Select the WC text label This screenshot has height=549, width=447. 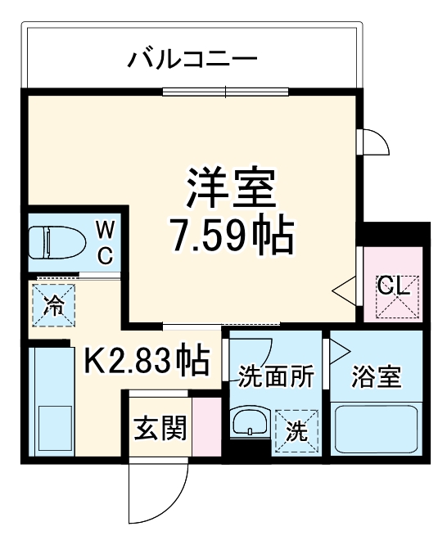click(x=105, y=241)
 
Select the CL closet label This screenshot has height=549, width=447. click(x=393, y=287)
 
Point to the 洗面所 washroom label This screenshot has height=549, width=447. click(x=276, y=377)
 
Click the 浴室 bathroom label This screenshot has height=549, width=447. click(x=376, y=377)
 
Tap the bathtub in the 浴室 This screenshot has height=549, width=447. click(x=376, y=430)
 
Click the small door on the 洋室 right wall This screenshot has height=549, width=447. click(x=374, y=142)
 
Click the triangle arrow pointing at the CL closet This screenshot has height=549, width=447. click(x=345, y=289)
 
